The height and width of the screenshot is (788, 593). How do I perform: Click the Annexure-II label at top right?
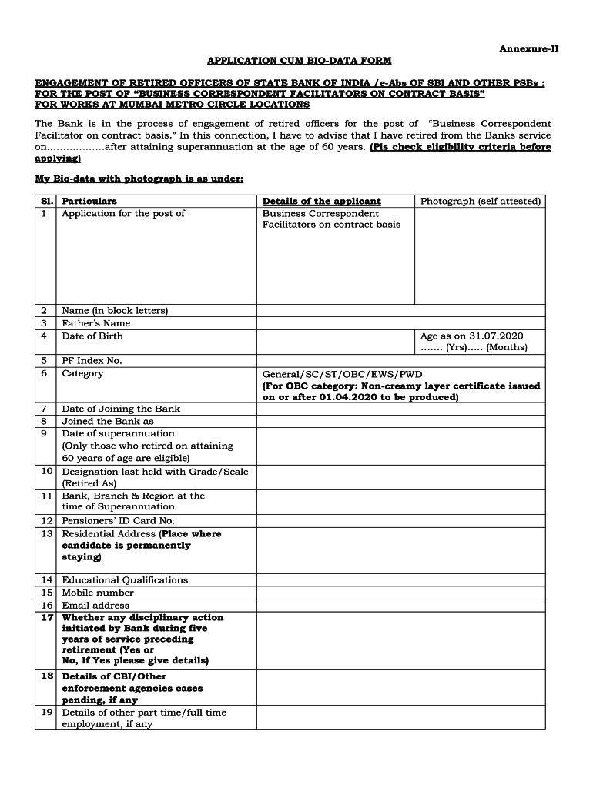point(528,48)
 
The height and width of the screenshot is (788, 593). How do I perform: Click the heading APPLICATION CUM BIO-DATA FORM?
point(299,60)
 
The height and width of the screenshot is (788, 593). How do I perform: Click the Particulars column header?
point(89,201)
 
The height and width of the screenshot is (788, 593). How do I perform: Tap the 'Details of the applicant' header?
point(321,201)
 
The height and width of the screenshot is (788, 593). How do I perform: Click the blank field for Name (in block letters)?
point(400,311)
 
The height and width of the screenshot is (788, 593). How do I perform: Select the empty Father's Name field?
point(400,323)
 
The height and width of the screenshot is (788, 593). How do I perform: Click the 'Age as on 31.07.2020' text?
point(471,336)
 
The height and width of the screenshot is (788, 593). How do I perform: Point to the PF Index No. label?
point(92,361)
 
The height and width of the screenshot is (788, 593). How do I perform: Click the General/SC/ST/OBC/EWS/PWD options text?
point(342,374)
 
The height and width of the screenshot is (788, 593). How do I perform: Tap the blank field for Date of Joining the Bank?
point(400,409)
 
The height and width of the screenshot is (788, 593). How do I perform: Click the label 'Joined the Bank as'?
point(108,421)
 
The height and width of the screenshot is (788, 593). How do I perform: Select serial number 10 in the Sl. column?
point(47,471)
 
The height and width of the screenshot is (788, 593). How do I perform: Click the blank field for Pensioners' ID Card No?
point(400,521)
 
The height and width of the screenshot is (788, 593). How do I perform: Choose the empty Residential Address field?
point(400,550)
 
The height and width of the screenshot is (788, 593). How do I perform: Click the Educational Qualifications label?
point(125,580)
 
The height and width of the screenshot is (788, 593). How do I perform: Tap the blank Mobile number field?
point(400,593)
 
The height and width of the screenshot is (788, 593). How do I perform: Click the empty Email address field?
point(400,606)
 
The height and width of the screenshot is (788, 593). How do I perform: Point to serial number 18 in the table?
point(47,676)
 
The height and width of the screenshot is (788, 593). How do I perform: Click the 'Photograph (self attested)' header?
point(480,201)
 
